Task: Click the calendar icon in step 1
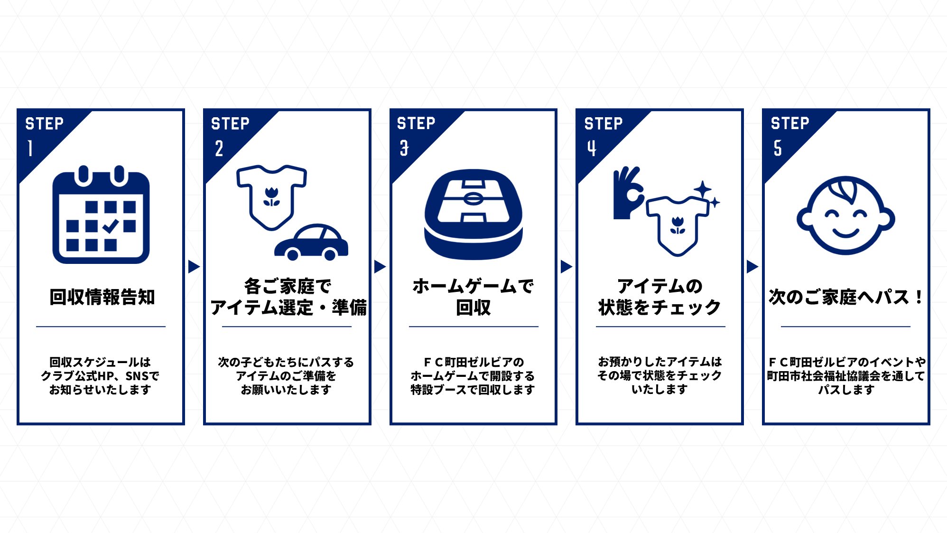[101, 215]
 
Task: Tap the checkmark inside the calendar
[111, 226]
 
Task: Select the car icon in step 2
[311, 242]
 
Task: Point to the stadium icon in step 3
[473, 215]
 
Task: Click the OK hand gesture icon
[628, 193]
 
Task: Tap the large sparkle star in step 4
[703, 189]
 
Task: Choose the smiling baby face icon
[845, 216]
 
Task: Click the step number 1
[30, 148]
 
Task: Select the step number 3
[404, 148]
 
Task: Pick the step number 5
[778, 148]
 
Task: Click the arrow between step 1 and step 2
[194, 267]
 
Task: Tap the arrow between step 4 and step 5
[752, 267]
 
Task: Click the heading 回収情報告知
[102, 297]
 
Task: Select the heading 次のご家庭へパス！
[846, 297]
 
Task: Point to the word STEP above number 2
[230, 124]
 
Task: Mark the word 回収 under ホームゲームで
[473, 308]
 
